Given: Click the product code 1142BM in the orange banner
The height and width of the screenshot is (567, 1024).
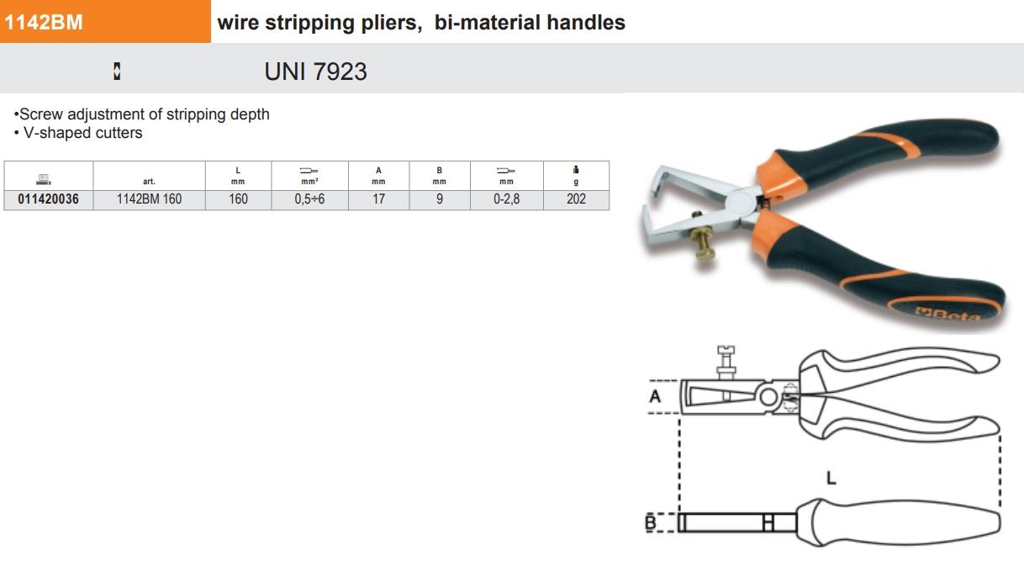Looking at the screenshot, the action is (x=44, y=23).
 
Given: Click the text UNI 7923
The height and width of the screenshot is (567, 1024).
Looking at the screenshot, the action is (x=315, y=72).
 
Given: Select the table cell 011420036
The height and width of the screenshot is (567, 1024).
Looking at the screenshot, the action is (x=49, y=199).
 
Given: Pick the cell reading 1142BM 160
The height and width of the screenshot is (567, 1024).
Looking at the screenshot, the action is (x=149, y=199).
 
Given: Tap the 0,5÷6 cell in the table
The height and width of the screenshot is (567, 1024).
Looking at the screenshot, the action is (x=309, y=199).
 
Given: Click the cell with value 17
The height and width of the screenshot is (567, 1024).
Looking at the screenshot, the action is (x=378, y=199).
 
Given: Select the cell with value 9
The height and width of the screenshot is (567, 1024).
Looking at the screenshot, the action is (x=440, y=199).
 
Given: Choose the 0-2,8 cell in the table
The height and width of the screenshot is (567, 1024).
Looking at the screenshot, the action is (x=506, y=199).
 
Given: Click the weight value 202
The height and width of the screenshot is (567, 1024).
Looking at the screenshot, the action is (x=576, y=199).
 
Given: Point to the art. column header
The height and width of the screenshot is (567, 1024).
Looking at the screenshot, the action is (x=149, y=182).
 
